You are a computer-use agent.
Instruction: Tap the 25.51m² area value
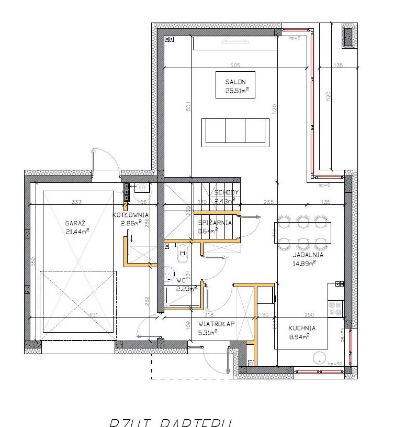pos(236,90)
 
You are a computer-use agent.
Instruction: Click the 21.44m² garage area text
pos(77,231)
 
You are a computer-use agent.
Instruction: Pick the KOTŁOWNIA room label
pos(131,215)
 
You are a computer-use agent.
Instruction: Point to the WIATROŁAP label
pos(217,324)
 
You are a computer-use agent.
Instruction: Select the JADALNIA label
pos(308,255)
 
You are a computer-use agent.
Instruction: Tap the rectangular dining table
pos(302,231)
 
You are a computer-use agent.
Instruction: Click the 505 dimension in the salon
pos(235,65)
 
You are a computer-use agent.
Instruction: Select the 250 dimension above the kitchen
pos(309,314)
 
